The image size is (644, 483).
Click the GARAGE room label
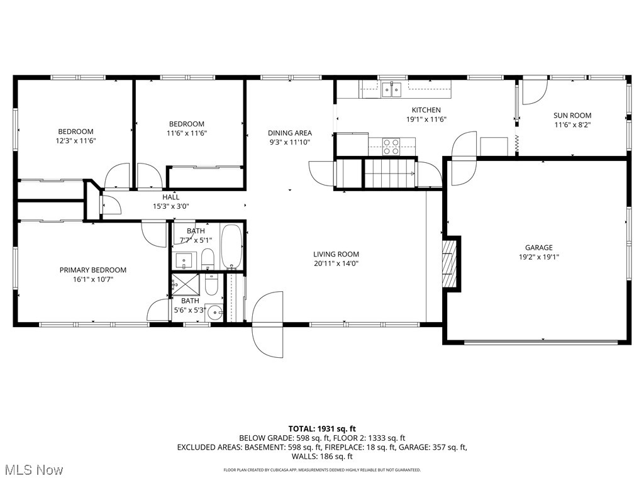click(539, 247)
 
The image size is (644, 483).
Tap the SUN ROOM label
click(572, 115)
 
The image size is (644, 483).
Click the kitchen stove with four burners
click(391, 147)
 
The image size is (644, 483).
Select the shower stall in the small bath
click(184, 284)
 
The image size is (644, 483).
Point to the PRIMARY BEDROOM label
click(92, 270)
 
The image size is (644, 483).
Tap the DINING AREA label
click(289, 133)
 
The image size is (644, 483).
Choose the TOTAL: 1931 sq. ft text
click(321, 428)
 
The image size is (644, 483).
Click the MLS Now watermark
click(31, 470)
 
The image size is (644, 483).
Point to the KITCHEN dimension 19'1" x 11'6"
click(426, 119)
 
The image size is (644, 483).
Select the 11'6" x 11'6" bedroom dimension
click(186, 133)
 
